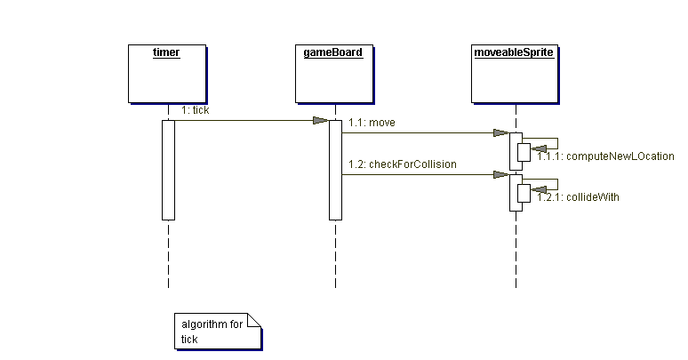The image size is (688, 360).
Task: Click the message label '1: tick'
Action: tap(196, 110)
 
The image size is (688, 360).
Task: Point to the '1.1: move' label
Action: tap(372, 122)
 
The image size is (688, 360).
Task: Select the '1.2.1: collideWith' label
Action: tap(578, 197)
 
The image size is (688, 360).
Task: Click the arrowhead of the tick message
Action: tap(321, 120)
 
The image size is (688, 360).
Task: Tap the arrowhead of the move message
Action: tap(502, 133)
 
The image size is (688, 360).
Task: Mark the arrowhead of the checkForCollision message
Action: tap(502, 175)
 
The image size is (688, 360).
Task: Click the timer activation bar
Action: tap(168, 169)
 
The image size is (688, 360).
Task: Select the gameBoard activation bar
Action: tap(335, 169)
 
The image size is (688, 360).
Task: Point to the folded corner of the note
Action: tap(254, 320)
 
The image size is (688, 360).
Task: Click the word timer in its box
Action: tap(166, 52)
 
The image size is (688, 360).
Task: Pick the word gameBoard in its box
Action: tap(334, 52)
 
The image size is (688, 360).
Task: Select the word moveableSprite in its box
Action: tap(515, 52)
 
